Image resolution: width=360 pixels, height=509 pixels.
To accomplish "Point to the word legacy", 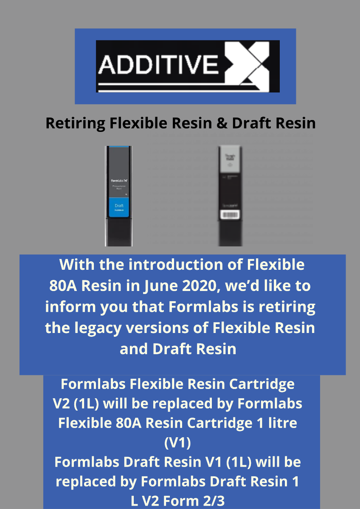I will coord(94,328).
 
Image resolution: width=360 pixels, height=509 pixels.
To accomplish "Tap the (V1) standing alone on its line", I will coord(177,443).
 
